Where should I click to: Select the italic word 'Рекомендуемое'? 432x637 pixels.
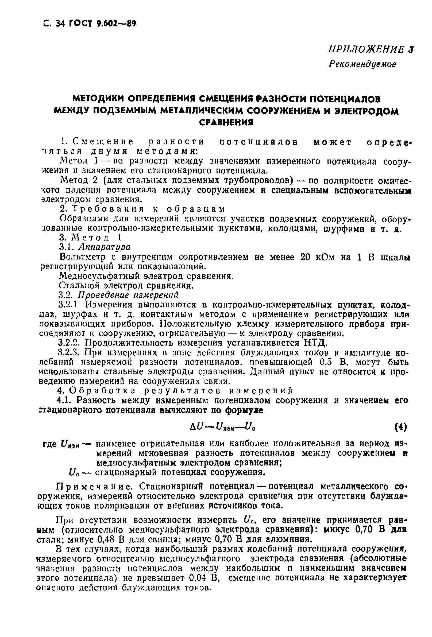362,64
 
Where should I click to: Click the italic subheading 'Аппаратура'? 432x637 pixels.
105,247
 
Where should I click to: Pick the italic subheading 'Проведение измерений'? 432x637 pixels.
128,295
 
